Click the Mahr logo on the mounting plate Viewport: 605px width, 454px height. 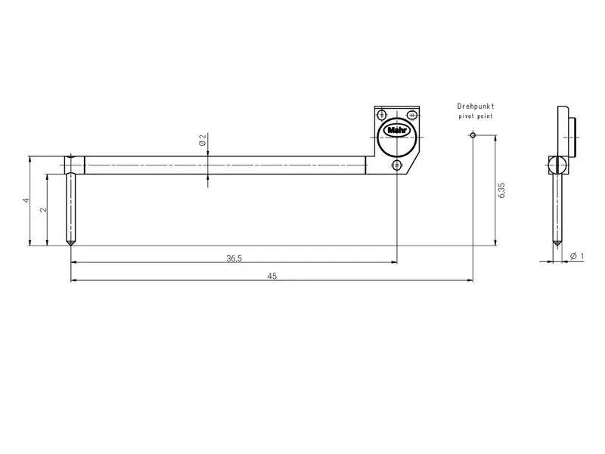click(397, 131)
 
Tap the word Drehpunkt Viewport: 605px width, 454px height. click(476, 106)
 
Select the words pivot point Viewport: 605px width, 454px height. click(476, 116)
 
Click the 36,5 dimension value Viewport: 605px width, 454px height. click(234, 258)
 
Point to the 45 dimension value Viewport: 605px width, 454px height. click(272, 276)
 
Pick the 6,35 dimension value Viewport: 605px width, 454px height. click(501, 190)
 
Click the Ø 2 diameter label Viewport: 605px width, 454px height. click(203, 140)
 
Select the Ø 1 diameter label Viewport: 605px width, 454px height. click(577, 256)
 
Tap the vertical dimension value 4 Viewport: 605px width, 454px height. click(26, 200)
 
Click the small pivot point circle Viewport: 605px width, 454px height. click(473, 135)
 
